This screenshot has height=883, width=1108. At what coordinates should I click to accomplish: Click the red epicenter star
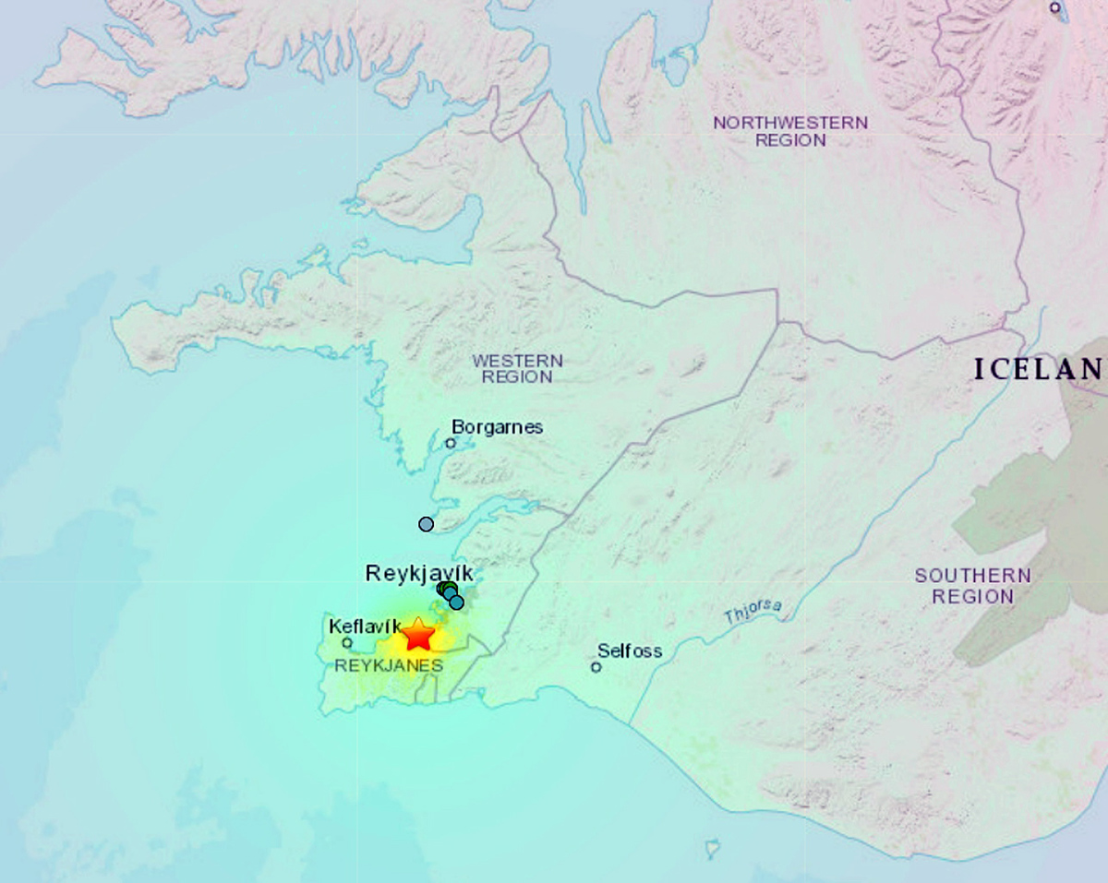(x=418, y=635)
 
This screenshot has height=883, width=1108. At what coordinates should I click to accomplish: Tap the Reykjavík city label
(x=419, y=573)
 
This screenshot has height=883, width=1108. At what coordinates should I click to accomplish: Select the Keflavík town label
(x=366, y=626)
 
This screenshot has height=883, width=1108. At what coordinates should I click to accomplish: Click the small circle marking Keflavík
(x=347, y=643)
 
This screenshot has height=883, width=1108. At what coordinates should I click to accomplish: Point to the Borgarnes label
(x=497, y=427)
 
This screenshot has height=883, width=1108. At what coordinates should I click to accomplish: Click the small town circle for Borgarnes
(x=451, y=443)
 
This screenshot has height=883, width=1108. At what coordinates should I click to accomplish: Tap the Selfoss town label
(x=630, y=650)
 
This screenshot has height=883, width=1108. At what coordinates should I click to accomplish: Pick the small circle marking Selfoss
(x=596, y=666)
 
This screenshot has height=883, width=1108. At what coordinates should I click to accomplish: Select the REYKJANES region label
(x=389, y=665)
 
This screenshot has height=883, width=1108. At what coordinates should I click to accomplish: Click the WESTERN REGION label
(x=517, y=368)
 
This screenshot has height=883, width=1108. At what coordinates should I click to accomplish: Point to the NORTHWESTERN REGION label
(x=790, y=131)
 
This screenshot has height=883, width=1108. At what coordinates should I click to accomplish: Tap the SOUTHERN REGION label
(x=959, y=586)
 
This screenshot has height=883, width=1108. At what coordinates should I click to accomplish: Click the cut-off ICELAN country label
(x=1039, y=370)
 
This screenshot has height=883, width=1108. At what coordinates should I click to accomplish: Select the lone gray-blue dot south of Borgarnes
(x=426, y=524)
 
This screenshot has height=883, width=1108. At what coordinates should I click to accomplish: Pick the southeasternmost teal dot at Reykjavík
(x=456, y=603)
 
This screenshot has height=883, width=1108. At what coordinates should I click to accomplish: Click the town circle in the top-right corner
(x=1055, y=7)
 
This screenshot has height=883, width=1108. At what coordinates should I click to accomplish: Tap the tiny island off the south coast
(x=712, y=846)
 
